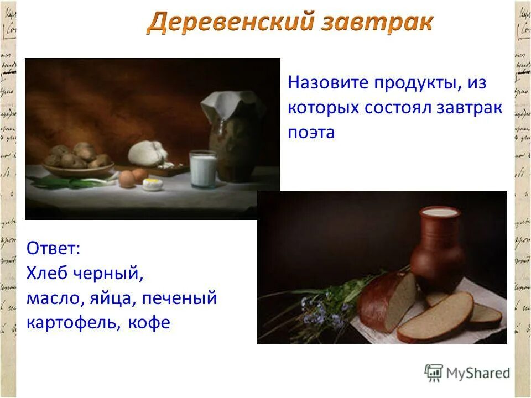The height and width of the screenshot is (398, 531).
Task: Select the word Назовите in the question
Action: (326, 84)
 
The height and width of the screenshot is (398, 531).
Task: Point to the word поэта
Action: (311, 133)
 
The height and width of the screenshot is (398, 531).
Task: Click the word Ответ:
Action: (54, 248)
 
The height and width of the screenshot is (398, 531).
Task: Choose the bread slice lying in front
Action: (435, 317)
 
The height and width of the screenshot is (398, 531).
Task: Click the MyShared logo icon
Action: (434, 373)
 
